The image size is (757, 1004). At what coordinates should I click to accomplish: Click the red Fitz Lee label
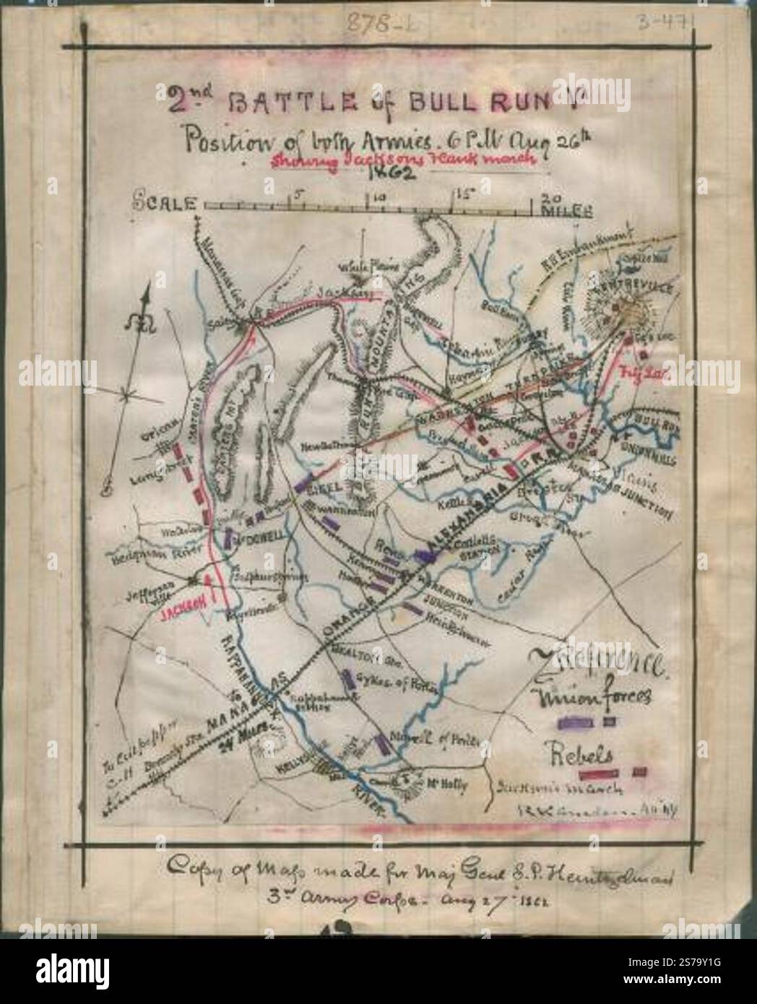click(x=636, y=373)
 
